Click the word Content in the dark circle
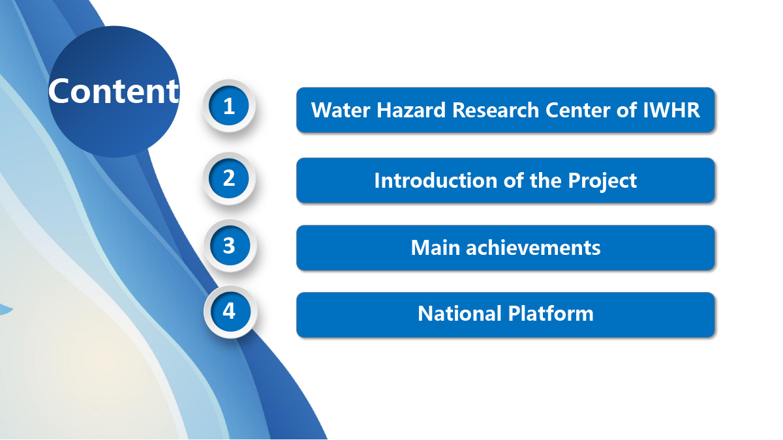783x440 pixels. tap(114, 91)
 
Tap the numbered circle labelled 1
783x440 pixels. tap(229, 106)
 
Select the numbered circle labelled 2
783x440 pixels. tap(229, 179)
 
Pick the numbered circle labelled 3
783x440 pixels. tap(230, 246)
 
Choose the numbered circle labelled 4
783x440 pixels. tap(230, 312)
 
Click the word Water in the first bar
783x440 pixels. tap(341, 110)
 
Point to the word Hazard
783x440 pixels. tap(411, 110)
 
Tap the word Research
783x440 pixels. tap(496, 110)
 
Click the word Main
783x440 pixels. tap(435, 248)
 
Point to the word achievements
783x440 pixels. tap(533, 248)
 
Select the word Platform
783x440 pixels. tap(551, 314)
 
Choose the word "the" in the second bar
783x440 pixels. tap(545, 181)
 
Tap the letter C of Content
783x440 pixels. tap(60, 91)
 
